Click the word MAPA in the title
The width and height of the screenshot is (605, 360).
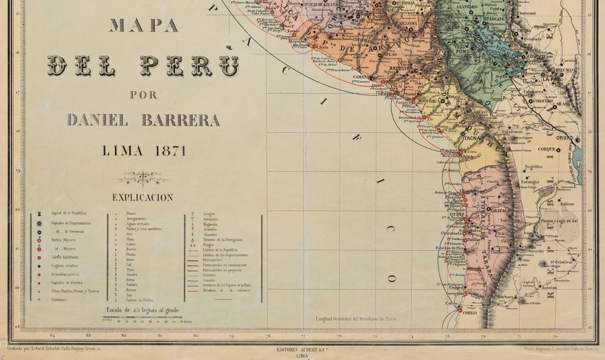coord(143,25)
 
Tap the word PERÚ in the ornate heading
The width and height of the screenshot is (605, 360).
coord(190,65)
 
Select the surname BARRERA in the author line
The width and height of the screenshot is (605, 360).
coord(181,120)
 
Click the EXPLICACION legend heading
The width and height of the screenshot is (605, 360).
coord(143,198)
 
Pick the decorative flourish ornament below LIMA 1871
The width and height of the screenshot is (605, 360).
coord(143,179)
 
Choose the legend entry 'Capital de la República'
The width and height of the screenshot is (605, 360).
coord(69,213)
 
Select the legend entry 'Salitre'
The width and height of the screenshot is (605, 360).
coord(132,285)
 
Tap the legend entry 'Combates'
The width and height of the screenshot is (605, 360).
coord(59,300)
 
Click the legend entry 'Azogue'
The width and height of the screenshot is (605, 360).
coord(208,214)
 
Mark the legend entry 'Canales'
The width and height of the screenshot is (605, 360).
coord(209,280)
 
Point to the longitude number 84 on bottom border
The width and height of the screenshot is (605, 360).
coord(52,336)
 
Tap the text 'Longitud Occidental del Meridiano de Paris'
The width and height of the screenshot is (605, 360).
coord(355,319)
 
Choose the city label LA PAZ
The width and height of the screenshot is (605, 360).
coord(551,79)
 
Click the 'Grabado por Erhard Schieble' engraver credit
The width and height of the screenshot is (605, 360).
coord(53,349)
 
